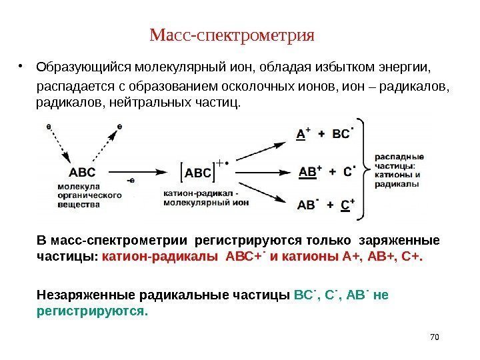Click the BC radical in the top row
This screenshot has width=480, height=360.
[342, 134]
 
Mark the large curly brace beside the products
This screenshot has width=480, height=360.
[363, 170]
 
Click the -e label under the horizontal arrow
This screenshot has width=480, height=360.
[132, 181]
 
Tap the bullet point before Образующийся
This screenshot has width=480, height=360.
[22, 67]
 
